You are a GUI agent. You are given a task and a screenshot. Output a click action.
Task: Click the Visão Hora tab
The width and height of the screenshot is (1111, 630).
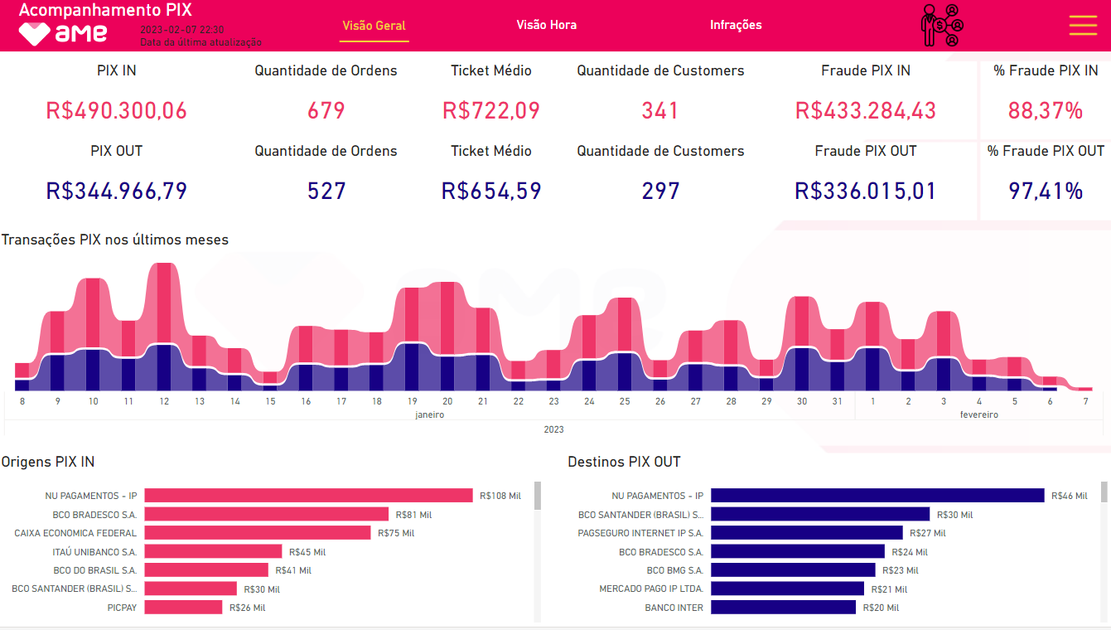546,25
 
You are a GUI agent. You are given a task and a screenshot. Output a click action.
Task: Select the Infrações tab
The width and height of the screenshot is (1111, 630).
736,25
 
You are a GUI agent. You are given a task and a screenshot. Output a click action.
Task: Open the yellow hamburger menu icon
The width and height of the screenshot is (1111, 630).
1083,25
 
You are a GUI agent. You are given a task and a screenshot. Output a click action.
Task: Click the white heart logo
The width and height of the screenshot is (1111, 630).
35,34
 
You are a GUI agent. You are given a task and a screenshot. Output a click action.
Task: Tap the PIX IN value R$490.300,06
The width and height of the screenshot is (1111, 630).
117,110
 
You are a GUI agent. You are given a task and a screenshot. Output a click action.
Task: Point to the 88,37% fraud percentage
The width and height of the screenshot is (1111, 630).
1046,110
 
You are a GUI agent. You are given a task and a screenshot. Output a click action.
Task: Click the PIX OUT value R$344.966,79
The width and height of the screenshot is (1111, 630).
117,191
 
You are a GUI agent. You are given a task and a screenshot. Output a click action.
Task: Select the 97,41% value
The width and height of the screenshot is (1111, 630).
1046,191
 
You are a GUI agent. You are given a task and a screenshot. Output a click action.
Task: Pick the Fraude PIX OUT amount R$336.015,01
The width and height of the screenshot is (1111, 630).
866,191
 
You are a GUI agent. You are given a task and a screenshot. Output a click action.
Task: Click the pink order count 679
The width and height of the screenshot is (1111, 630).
326,110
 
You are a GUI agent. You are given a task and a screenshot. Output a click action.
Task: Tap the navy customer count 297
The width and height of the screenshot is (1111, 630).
660,191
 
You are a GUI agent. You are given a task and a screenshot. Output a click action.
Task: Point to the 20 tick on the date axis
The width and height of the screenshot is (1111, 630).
447,401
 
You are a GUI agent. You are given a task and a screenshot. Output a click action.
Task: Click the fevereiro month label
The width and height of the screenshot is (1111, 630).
978,414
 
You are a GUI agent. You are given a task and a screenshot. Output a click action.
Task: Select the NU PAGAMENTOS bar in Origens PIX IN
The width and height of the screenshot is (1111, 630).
308,496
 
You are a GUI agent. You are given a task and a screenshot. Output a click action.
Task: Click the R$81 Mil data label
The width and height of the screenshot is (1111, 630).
413,515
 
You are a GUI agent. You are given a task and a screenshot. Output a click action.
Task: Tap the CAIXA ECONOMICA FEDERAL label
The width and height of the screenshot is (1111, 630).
75,533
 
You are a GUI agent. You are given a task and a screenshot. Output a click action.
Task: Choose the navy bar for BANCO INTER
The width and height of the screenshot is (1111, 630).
783,608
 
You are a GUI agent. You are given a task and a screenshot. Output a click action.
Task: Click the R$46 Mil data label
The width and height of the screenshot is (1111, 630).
1069,496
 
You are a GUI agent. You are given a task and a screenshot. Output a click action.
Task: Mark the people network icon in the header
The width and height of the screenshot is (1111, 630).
942,26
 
